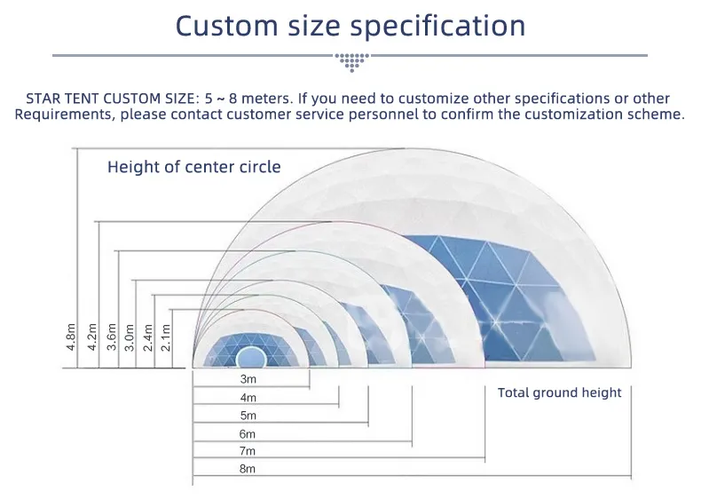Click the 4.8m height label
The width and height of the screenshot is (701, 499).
coord(71,337)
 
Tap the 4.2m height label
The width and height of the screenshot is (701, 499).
coord(92,337)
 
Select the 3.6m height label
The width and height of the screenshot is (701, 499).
coord(111,337)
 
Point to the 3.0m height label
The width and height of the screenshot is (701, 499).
coord(130,337)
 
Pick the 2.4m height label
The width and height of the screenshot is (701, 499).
coord(148,337)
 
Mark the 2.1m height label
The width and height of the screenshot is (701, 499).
coord(165,337)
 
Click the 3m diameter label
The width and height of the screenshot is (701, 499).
coord(248,379)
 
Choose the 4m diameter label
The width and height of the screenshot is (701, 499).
coord(248,398)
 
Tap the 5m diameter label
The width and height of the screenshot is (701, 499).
coord(248,416)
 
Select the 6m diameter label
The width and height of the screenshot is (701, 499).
coord(248,433)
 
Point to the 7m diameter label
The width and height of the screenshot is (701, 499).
coord(248,451)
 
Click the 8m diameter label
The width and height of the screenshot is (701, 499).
coord(248,469)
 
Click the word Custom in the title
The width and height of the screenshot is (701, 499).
coord(226,26)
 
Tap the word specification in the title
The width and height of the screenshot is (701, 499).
coord(437,27)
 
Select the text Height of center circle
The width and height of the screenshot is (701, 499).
coord(194,167)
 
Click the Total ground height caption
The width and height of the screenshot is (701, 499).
coord(559,392)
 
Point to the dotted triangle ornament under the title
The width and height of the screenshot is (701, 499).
coord(352,62)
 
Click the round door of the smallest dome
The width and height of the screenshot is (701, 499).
coord(251,358)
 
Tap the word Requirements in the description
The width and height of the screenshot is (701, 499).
coord(63,115)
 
